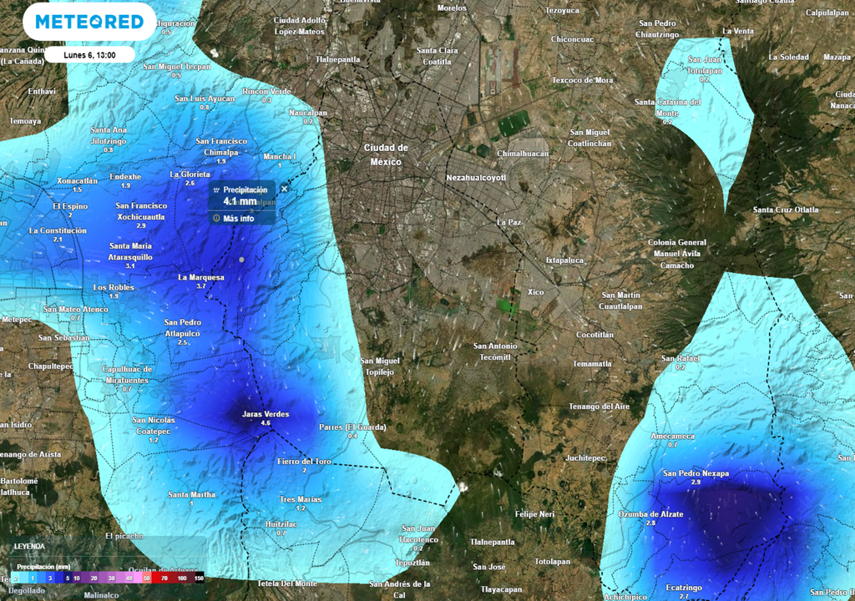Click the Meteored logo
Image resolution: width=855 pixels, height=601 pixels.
coord(89,22)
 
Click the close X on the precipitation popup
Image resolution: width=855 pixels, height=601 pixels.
coord(284,189)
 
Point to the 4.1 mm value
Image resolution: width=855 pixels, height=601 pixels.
coord(240,201)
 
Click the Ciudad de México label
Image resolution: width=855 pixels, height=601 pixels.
coord(386,154)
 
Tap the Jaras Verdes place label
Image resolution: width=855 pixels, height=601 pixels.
coord(265,414)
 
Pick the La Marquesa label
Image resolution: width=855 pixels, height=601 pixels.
coord(201,277)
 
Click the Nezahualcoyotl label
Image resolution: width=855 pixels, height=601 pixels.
coord(476,178)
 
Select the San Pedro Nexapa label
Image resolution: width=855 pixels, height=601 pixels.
coord(696,473)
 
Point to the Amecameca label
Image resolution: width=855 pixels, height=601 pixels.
coord(672,436)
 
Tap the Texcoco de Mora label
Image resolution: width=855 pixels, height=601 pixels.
coord(582,80)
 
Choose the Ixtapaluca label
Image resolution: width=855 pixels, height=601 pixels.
coord(565,260)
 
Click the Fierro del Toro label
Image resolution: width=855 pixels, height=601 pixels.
coord(304,461)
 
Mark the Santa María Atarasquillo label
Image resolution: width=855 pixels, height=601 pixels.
coord(130,251)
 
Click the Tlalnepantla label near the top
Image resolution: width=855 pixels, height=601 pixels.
coord(337,59)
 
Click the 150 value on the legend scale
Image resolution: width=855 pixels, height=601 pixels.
coord(199,578)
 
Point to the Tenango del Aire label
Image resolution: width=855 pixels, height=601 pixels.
coord(600,407)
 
